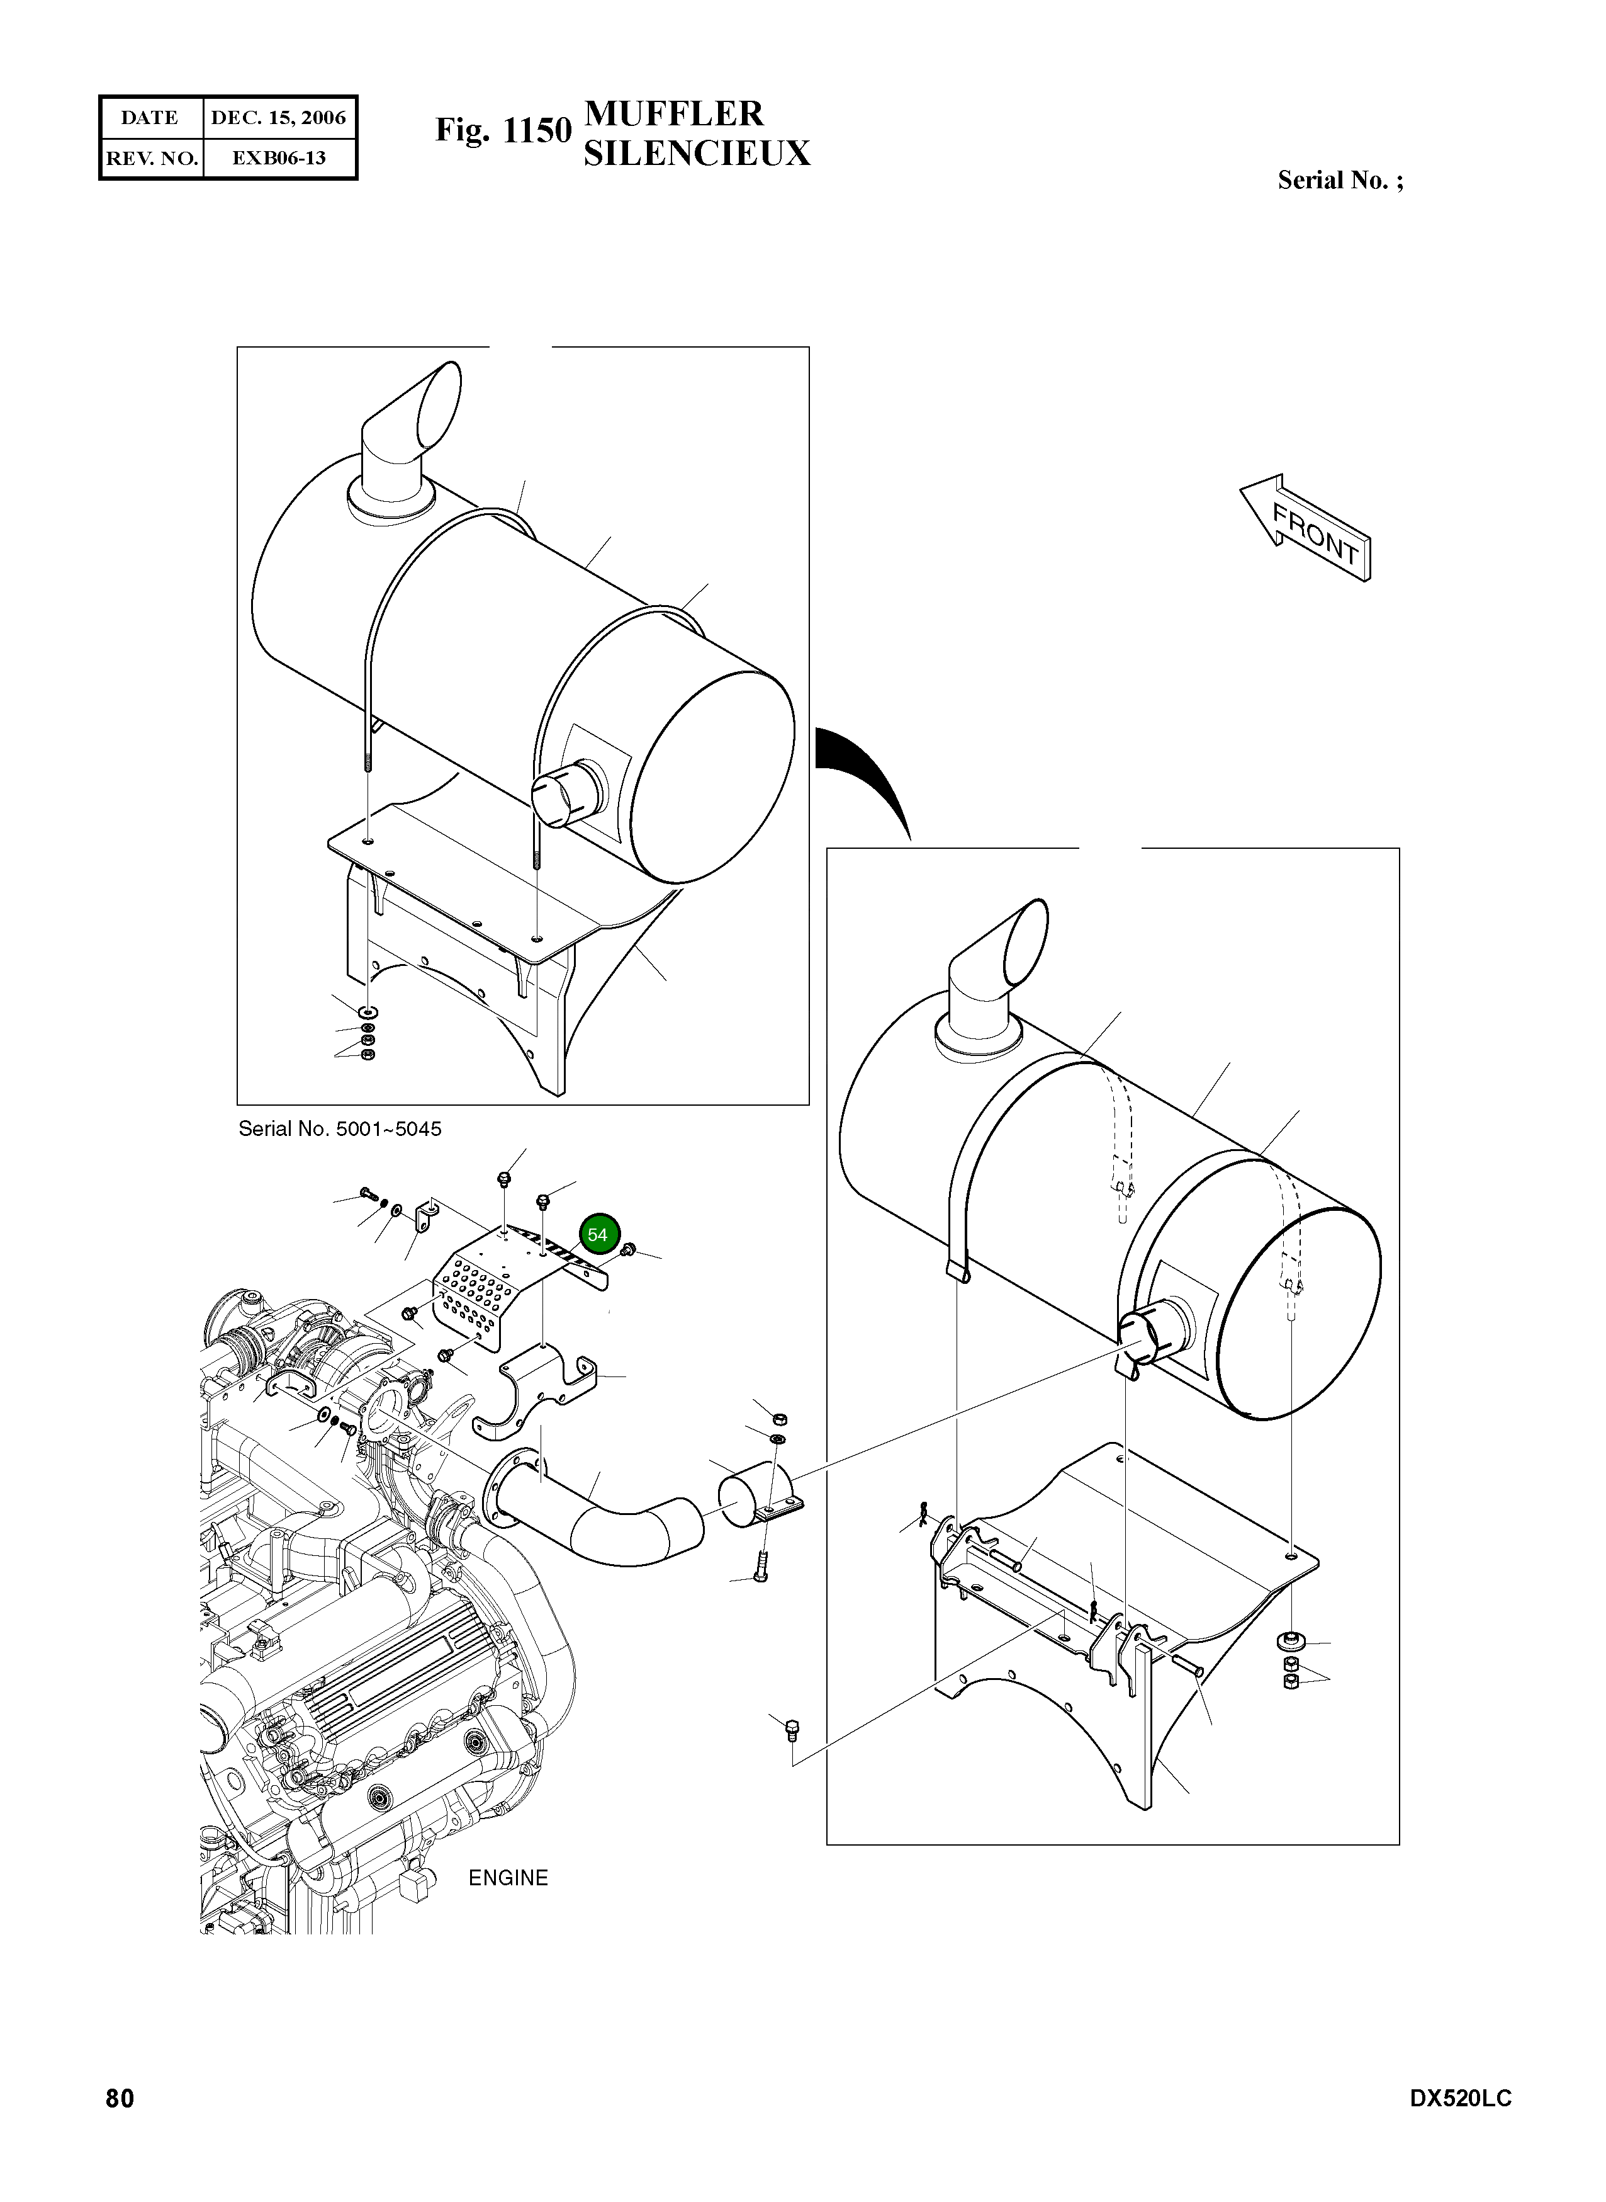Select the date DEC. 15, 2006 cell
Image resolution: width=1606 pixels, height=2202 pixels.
278,118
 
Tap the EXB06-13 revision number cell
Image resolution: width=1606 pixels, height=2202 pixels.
278,157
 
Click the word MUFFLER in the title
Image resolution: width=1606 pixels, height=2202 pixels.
674,114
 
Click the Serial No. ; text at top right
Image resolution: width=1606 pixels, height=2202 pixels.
1340,180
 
